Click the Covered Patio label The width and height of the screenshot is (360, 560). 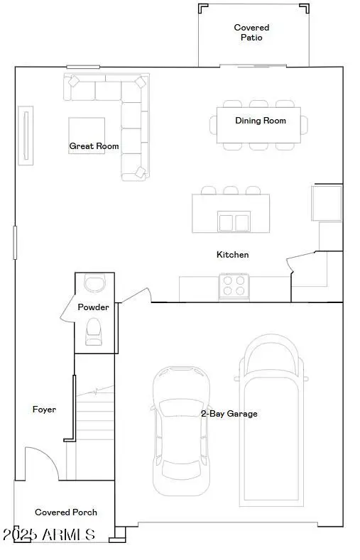click(251, 33)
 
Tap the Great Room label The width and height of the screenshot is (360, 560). click(94, 146)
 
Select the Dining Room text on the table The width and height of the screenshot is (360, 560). click(261, 121)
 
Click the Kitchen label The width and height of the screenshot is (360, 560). click(232, 254)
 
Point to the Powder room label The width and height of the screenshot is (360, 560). click(93, 307)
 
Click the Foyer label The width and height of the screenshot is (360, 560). click(44, 410)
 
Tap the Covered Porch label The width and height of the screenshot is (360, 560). click(66, 512)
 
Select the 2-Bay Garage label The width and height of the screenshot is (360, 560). click(228, 413)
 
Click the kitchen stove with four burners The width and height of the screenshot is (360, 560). click(234, 285)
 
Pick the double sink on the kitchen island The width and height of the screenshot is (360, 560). click(234, 221)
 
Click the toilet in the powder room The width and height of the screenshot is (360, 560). click(94, 331)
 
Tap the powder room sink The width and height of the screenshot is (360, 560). click(94, 283)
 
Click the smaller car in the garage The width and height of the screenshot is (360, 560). click(182, 431)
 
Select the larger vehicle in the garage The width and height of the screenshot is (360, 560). click(273, 419)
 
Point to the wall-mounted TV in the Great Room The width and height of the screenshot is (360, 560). click(26, 136)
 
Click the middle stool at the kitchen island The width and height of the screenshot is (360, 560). click(231, 190)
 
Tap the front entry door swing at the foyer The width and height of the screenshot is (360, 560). click(41, 464)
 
